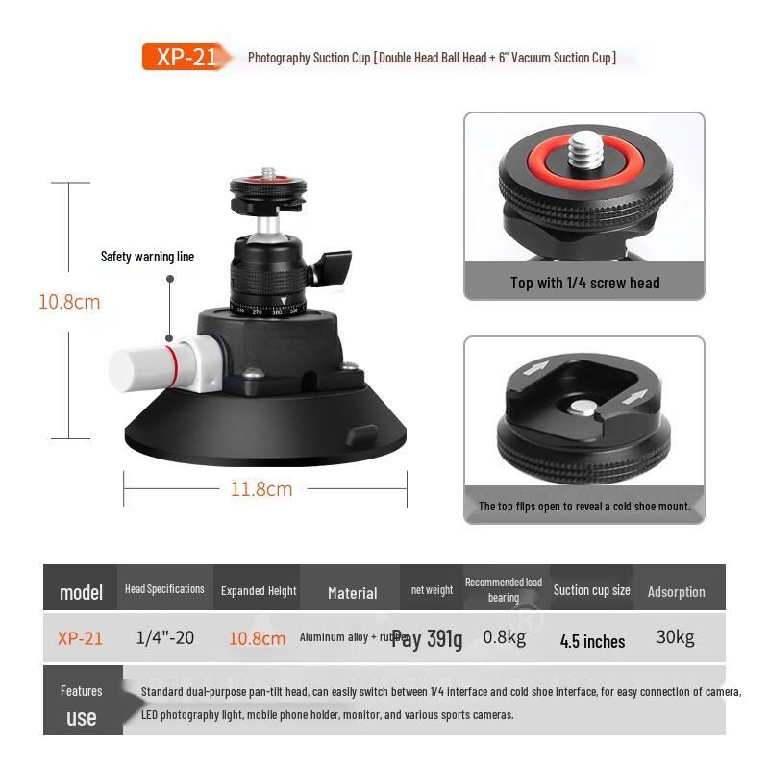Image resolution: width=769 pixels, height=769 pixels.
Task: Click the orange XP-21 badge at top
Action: coord(186,57)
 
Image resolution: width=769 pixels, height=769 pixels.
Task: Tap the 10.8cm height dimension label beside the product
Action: coord(69,302)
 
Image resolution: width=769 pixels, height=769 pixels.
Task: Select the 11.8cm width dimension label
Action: coord(261,489)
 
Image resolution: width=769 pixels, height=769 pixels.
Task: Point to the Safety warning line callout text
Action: coord(147,257)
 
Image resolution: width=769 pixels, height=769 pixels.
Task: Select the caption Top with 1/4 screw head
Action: coord(584,283)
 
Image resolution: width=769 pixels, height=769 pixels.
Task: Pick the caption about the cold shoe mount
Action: coord(584,506)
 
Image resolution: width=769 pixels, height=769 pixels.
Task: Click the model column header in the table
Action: coord(81,591)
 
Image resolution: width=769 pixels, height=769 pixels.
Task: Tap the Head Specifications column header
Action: coord(164,589)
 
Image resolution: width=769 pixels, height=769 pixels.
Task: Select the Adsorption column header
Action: coord(676,592)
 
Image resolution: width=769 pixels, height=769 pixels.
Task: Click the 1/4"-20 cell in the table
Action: coord(164,637)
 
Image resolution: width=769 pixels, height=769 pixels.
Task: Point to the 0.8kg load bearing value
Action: coord(503,636)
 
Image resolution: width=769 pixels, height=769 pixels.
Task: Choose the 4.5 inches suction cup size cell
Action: coord(592,641)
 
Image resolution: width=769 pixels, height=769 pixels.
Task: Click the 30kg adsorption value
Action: coord(675,636)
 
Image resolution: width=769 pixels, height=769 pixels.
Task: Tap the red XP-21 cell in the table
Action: coord(80,637)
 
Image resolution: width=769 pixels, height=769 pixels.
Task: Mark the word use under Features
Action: coord(82,717)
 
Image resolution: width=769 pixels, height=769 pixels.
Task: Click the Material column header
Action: coord(352,593)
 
